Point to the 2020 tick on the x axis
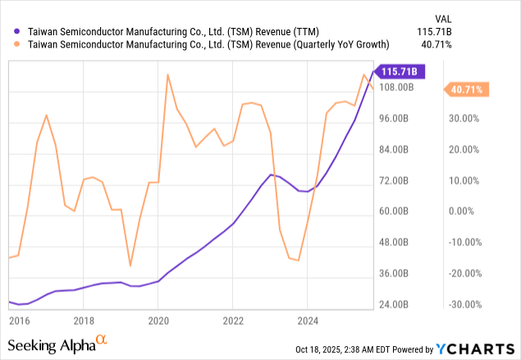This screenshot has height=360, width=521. point(158,321)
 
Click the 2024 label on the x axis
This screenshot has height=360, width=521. point(308,321)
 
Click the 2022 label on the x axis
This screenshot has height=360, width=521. point(233,321)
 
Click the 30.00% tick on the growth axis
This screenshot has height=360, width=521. point(464,119)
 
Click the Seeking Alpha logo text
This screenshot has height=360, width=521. point(53,344)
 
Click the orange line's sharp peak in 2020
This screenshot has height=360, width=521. point(167,75)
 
